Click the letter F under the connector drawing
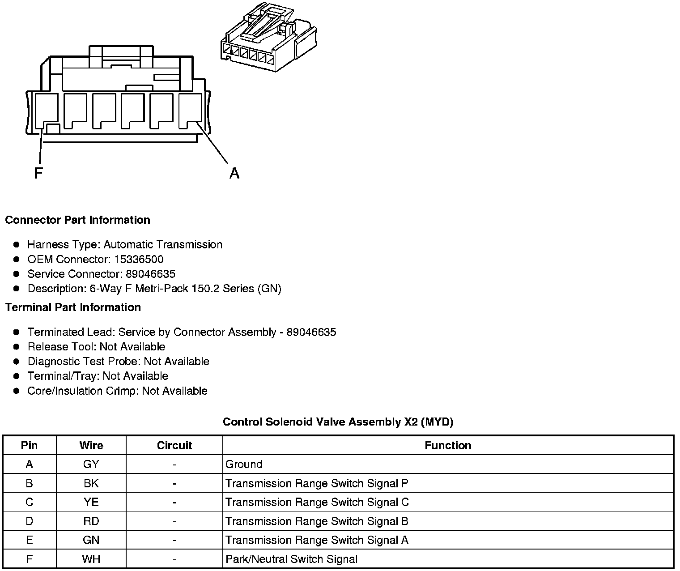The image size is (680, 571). (38, 173)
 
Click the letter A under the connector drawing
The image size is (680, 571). (234, 173)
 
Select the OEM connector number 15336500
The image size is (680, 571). (139, 259)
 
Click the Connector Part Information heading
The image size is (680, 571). (77, 220)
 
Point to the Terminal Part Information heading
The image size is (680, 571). (73, 307)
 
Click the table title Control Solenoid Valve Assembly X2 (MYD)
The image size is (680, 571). (338, 422)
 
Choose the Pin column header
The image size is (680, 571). (30, 445)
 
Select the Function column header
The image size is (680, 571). (448, 445)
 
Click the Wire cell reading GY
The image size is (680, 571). (91, 464)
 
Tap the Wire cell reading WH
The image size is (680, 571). (91, 559)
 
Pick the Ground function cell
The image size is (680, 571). (244, 464)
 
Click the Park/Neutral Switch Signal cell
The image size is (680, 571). (291, 559)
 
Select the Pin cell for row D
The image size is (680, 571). (30, 521)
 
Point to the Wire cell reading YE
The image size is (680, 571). (91, 502)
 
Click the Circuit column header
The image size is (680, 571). (174, 445)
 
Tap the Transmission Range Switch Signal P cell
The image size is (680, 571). (317, 483)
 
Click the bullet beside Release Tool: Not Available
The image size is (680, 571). (17, 347)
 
